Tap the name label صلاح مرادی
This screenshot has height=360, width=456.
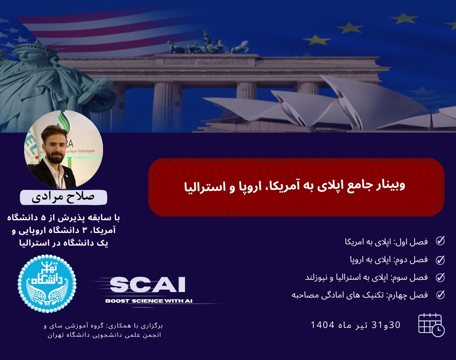point(63,197)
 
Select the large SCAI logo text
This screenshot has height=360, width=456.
point(147,285)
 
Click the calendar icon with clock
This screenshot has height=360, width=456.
point(431,325)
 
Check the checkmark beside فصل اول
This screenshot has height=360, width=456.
point(440,241)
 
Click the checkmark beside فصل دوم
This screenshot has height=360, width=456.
point(440,259)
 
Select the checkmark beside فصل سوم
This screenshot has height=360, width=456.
point(440,277)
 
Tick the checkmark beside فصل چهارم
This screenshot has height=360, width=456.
point(440,295)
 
